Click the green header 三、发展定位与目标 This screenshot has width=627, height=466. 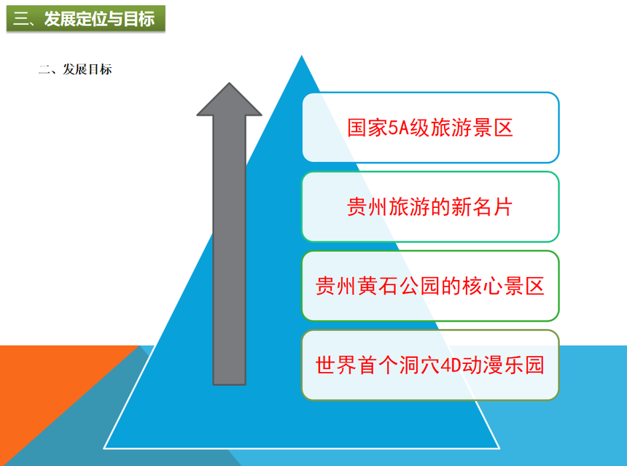(86, 18)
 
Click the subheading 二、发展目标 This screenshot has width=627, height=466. (75, 69)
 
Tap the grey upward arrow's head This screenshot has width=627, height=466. (229, 99)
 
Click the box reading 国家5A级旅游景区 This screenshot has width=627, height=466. (430, 128)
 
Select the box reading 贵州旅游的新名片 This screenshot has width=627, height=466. (430, 207)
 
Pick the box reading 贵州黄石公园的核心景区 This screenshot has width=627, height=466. (430, 286)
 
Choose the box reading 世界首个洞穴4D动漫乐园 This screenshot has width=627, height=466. (430, 365)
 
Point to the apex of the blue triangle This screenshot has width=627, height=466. (302, 55)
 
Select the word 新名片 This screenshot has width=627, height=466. (482, 207)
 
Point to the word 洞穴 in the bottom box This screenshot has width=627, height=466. (419, 365)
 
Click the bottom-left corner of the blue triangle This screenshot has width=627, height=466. (104, 448)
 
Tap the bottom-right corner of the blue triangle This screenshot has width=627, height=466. (499, 448)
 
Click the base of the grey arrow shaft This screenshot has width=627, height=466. (229, 384)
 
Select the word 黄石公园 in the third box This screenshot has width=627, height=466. (398, 287)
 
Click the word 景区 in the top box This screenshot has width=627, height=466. (493, 128)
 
